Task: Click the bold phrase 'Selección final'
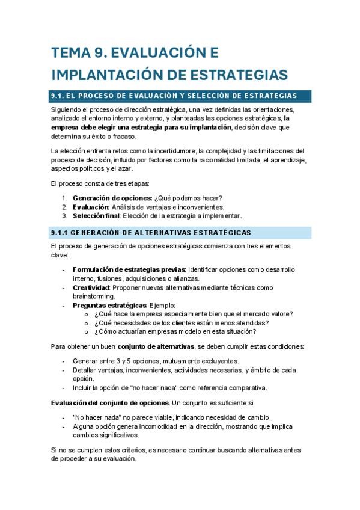coord(97,215)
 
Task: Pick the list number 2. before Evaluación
coord(65,207)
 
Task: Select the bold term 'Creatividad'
coord(91,287)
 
